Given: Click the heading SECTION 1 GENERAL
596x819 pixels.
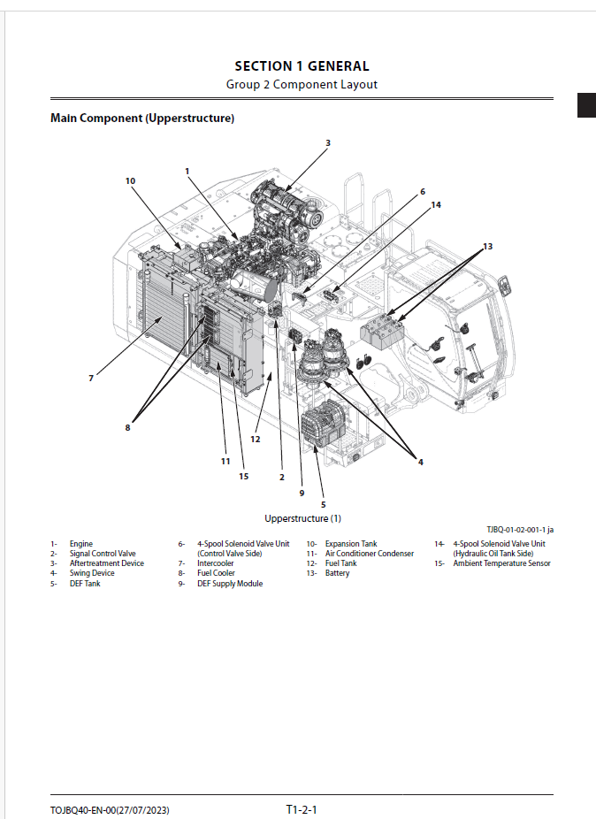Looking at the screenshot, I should click(x=302, y=66).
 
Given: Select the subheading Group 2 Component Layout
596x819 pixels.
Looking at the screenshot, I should click(x=302, y=85).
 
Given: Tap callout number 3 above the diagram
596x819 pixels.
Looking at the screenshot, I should click(x=327, y=143).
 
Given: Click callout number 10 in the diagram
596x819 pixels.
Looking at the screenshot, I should click(x=130, y=180).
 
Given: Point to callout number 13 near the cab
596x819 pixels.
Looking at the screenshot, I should click(x=487, y=245).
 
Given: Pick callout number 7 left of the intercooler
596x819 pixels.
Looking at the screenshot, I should click(x=90, y=378).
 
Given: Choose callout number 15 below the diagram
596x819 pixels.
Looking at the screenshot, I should click(x=243, y=476).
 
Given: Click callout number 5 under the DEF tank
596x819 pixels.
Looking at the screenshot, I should click(x=323, y=504).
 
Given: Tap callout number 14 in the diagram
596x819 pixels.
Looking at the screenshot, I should click(x=435, y=204).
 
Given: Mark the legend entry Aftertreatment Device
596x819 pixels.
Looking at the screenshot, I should click(x=106, y=563).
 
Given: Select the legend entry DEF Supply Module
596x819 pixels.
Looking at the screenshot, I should click(x=230, y=584).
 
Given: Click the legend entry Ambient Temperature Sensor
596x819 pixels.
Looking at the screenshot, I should click(x=501, y=563).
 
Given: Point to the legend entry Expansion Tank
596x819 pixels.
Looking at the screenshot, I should click(x=351, y=544).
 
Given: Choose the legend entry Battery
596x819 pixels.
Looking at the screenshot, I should click(x=337, y=573).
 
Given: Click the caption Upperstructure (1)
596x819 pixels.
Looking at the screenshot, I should click(x=302, y=518).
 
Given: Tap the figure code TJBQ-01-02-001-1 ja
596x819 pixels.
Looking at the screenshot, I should click(x=520, y=530).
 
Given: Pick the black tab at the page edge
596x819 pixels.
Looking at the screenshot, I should click(x=586, y=104).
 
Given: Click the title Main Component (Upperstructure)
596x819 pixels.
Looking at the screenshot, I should click(x=142, y=118).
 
